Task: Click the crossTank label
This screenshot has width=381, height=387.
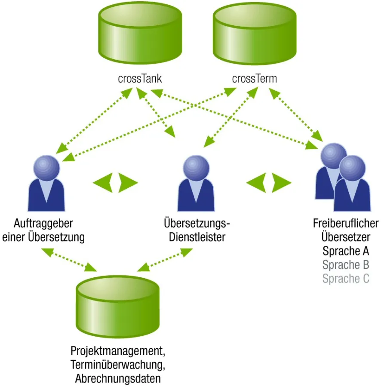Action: pos(140,79)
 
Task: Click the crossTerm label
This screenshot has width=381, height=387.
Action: pos(254,79)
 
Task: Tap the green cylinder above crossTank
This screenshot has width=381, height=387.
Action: pos(140,35)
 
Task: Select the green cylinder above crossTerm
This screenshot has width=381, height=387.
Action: pos(255,35)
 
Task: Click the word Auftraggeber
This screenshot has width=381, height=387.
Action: pos(43,224)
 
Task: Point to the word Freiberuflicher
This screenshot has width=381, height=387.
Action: pos(346,224)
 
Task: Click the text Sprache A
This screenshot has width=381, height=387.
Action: pos(346,251)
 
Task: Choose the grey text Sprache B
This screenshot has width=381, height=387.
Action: pos(346,264)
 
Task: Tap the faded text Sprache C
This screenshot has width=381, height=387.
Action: pos(346,279)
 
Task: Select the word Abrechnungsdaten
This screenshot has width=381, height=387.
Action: pos(117,379)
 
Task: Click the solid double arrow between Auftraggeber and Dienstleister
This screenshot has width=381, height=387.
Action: pos(115,183)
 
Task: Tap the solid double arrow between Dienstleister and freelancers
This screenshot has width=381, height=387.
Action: pos(269,183)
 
